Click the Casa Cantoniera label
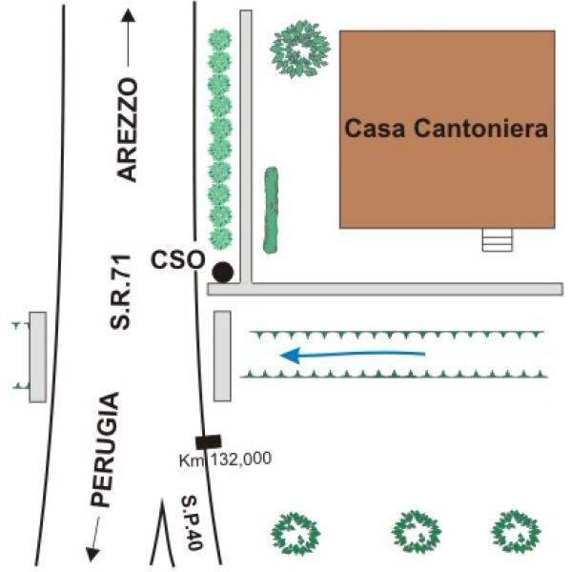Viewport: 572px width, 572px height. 446,129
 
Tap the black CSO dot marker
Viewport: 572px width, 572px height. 222,272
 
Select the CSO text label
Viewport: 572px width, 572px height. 178,260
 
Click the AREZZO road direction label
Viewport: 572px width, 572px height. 127,130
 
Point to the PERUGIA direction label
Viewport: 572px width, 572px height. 105,449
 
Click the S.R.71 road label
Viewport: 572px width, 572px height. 120,293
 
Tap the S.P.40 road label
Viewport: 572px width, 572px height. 192,522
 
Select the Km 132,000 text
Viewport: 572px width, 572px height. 225,459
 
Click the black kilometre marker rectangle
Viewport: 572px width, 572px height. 208,441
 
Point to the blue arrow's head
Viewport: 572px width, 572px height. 290,356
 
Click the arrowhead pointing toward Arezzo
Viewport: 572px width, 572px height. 128,15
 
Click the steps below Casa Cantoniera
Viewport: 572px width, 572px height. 498,240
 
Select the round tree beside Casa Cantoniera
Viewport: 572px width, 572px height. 300,50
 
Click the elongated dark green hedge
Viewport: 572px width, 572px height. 271,210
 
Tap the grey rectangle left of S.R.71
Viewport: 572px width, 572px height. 38,357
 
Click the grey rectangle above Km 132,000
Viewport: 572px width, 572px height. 222,356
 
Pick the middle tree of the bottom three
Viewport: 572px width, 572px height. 417,532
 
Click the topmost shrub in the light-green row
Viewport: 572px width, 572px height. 219,40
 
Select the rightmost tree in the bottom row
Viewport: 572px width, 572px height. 516,532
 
